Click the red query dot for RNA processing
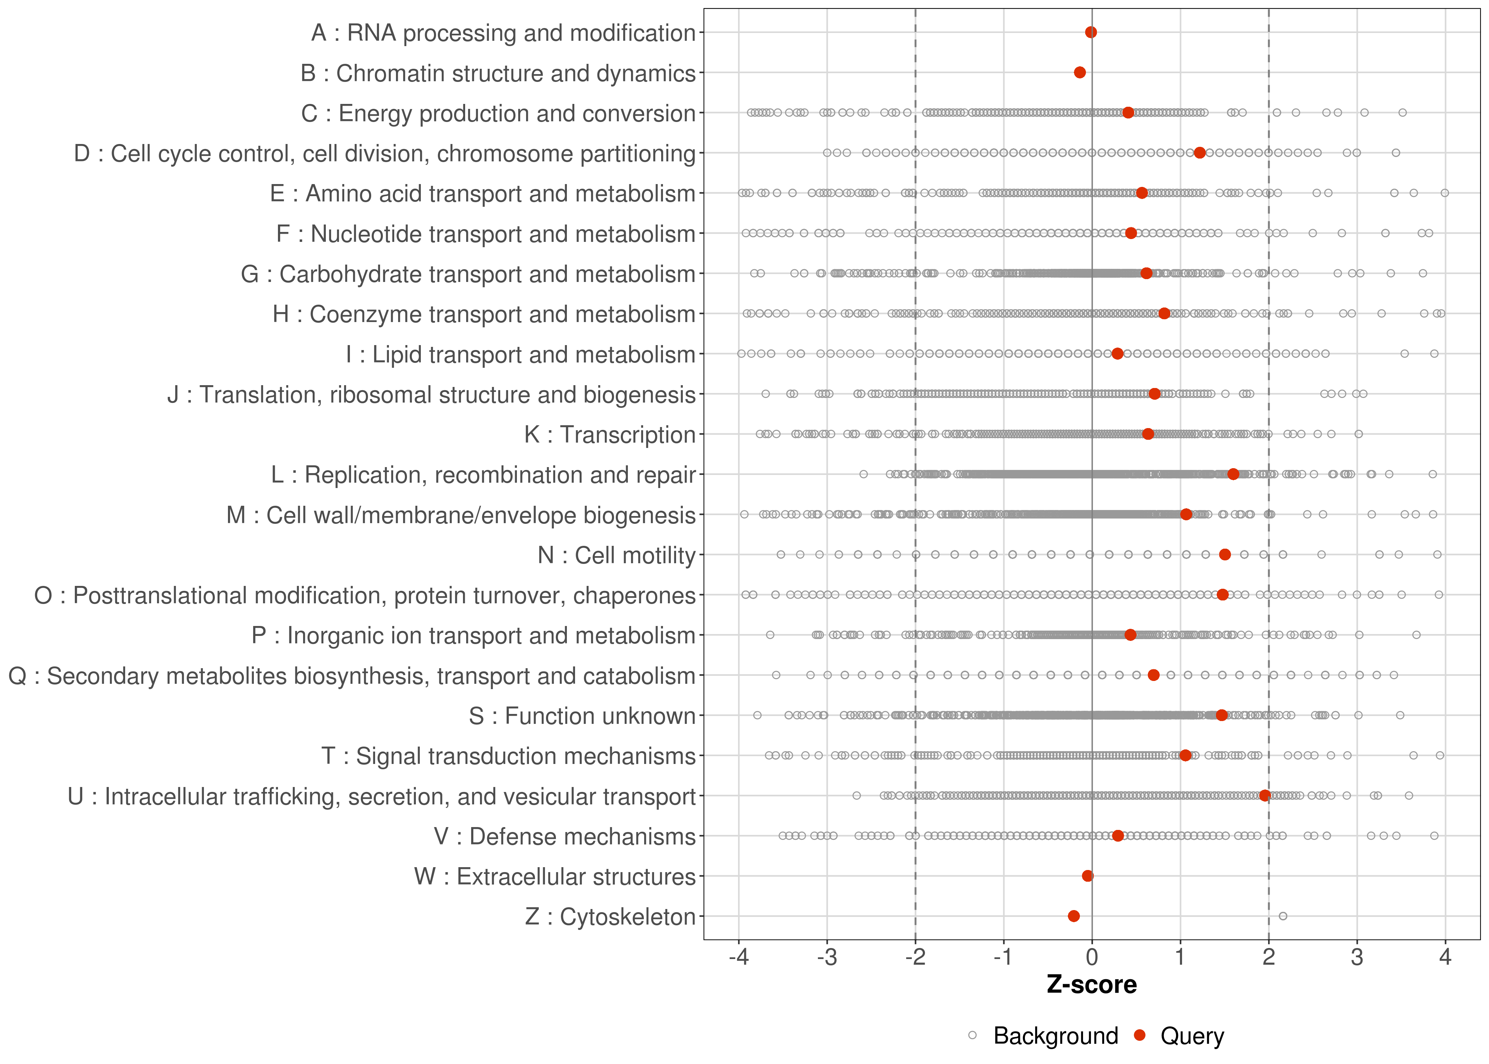click(1091, 32)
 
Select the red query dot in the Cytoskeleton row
click(1074, 916)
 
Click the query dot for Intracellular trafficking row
click(1265, 796)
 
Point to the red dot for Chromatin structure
click(1080, 72)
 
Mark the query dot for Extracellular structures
click(1088, 876)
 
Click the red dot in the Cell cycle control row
click(1200, 153)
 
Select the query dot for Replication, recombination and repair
click(1233, 474)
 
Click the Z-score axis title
click(1092, 984)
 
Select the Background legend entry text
click(1055, 1036)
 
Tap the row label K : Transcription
click(610, 434)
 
